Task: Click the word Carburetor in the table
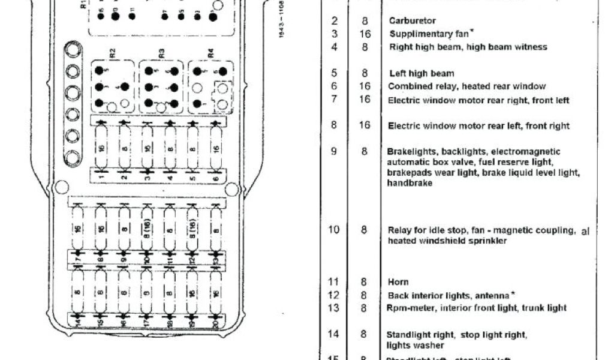point(413,20)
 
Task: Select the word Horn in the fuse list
point(399,282)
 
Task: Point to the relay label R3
point(161,52)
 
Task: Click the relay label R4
point(210,52)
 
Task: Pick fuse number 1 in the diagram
point(101,148)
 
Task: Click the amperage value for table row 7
point(365,100)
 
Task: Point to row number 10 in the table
point(334,230)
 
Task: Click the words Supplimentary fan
point(422,34)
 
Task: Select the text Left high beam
point(422,74)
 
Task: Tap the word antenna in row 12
point(492,295)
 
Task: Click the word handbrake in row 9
point(410,184)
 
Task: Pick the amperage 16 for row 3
point(365,34)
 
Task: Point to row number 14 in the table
point(334,334)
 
